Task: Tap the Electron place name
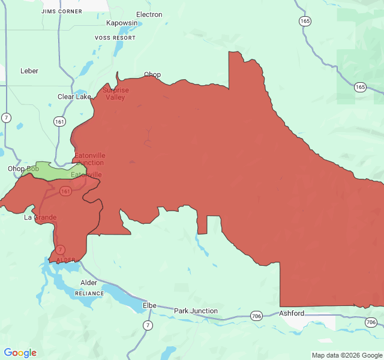tap(149, 14)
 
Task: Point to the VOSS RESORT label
tap(115, 38)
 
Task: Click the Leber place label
tap(29, 71)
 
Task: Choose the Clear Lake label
tap(74, 97)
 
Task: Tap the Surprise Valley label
tap(115, 94)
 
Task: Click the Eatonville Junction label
tap(89, 159)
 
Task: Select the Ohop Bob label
tap(23, 169)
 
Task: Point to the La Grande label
tap(40, 217)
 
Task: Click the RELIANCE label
tap(89, 293)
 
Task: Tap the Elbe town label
tap(149, 305)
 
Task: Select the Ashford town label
tap(292, 313)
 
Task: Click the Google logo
tap(20, 353)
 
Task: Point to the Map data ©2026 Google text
tap(346, 355)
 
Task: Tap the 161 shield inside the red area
tap(65, 191)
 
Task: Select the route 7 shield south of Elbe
tap(148, 325)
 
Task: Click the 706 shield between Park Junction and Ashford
tap(257, 316)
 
